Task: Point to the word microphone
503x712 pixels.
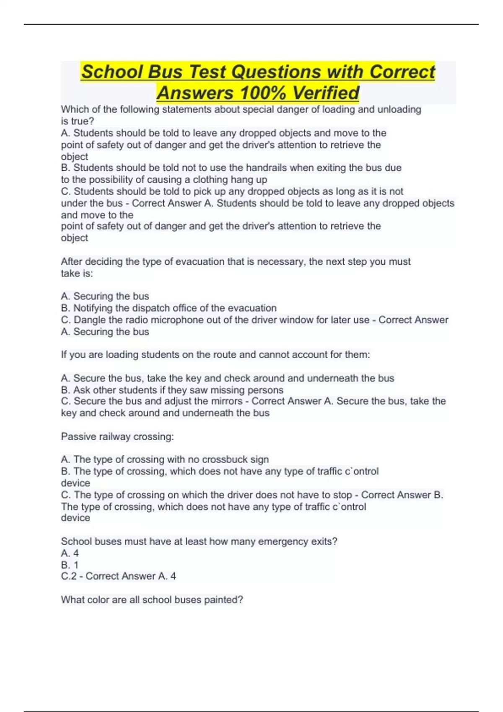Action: [176, 320]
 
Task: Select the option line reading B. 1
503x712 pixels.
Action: [70, 565]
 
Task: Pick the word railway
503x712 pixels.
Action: [113, 437]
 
